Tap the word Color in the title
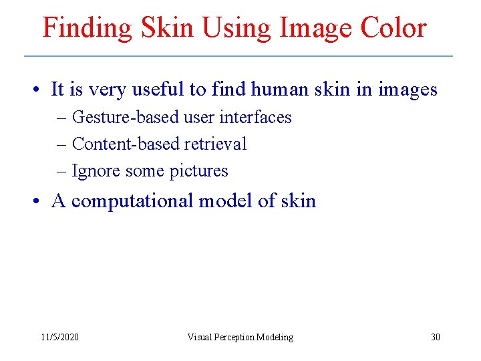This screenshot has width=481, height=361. coord(393,29)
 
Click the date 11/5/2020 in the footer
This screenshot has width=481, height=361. coord(59,337)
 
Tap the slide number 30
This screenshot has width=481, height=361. coord(435,337)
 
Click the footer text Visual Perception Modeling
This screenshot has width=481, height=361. coord(240,337)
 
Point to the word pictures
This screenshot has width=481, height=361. coord(198,171)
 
